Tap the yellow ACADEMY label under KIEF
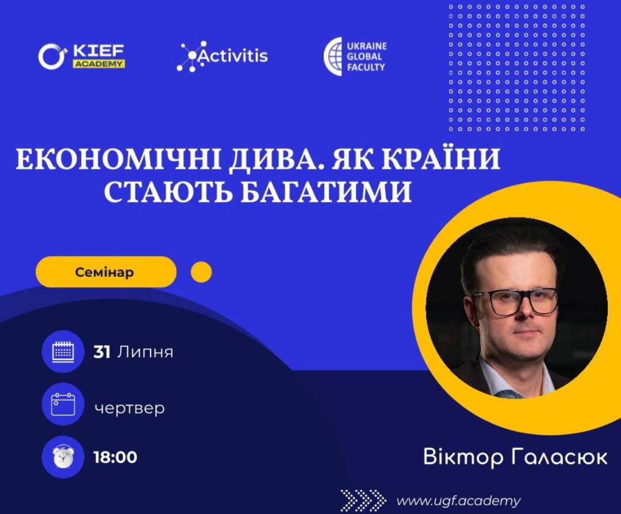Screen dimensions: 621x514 pos(99,64)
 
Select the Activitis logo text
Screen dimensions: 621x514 pos(232,55)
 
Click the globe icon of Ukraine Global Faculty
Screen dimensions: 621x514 pos(333,56)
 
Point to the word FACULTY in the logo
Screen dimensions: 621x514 pos(366,67)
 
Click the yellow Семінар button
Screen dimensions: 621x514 pos(106,272)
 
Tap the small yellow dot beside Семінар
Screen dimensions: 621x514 pos(201,272)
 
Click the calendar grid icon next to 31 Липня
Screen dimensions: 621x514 pos(63,351)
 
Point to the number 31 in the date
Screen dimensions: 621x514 pos(102,352)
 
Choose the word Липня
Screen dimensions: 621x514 pos(145,352)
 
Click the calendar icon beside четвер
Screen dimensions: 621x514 pos(63,404)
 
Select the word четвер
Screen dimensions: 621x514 pos(129,408)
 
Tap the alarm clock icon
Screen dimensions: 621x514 pos(63,457)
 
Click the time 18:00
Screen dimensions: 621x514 pos(115,457)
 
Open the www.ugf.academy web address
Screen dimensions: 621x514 pos(459,501)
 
